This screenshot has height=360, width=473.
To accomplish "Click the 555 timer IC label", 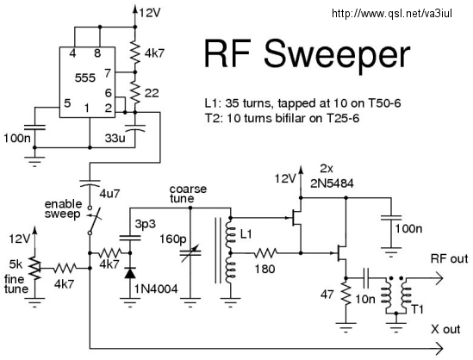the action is coord(85,78).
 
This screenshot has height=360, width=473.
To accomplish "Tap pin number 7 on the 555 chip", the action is coord(108,73).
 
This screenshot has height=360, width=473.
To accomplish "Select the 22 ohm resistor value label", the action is coord(152,93).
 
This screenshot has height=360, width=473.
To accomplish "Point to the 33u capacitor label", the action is coord(115,138).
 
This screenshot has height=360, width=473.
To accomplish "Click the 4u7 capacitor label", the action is coord(109,194).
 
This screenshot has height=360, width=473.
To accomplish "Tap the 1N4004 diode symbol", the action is coord(130,274).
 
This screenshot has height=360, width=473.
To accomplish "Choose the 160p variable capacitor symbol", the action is coord(190,252).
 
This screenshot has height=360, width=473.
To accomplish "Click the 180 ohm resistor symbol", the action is coord(265,253).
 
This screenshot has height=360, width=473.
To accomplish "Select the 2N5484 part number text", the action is coord(332,183).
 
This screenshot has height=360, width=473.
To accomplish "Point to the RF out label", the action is coord(449,258).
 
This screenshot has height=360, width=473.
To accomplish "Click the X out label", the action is coord(445,329).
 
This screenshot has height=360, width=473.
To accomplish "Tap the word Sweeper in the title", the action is coord(337,55).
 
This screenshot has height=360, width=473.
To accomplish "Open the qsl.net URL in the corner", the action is coord(392,13).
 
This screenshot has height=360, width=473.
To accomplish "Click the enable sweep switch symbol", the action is coord(91,220).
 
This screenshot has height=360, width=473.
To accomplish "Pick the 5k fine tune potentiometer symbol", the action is coord(35,268).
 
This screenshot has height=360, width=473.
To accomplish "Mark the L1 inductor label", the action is coord(246,234).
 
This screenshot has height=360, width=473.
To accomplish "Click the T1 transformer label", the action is coord(417,309).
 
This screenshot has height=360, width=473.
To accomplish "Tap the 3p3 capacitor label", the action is coord(145,224).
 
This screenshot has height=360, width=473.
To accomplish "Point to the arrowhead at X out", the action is coord(439,348).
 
